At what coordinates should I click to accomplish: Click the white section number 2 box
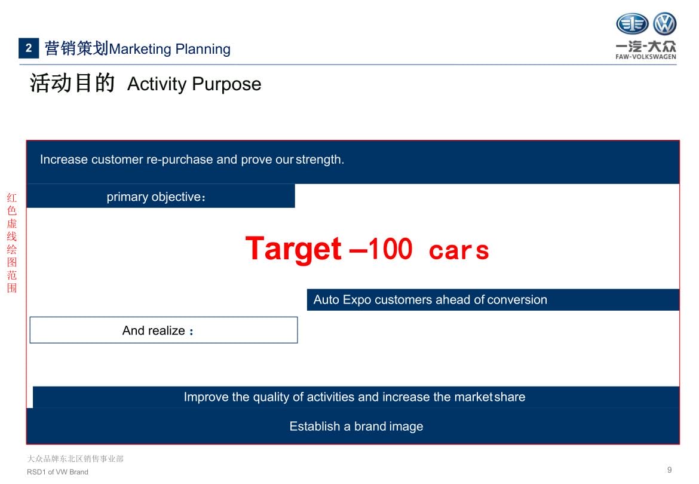click(29, 48)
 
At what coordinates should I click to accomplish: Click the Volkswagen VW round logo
click(665, 24)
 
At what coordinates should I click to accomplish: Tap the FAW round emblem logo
click(632, 24)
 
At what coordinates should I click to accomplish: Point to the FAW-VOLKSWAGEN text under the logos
click(645, 57)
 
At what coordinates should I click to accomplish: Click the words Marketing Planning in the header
click(170, 49)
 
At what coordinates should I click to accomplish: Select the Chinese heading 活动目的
click(72, 83)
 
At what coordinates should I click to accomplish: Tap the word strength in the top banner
click(320, 160)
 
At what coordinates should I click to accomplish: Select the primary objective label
click(156, 197)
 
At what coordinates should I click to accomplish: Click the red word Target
click(293, 249)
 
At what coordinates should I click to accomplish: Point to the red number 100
click(390, 249)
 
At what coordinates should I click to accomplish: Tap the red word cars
click(459, 250)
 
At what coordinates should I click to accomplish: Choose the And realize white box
click(164, 330)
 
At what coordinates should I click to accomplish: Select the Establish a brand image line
click(356, 427)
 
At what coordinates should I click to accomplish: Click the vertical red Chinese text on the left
click(11, 243)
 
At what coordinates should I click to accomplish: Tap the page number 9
click(669, 470)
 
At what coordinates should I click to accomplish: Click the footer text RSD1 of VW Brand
click(57, 472)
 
